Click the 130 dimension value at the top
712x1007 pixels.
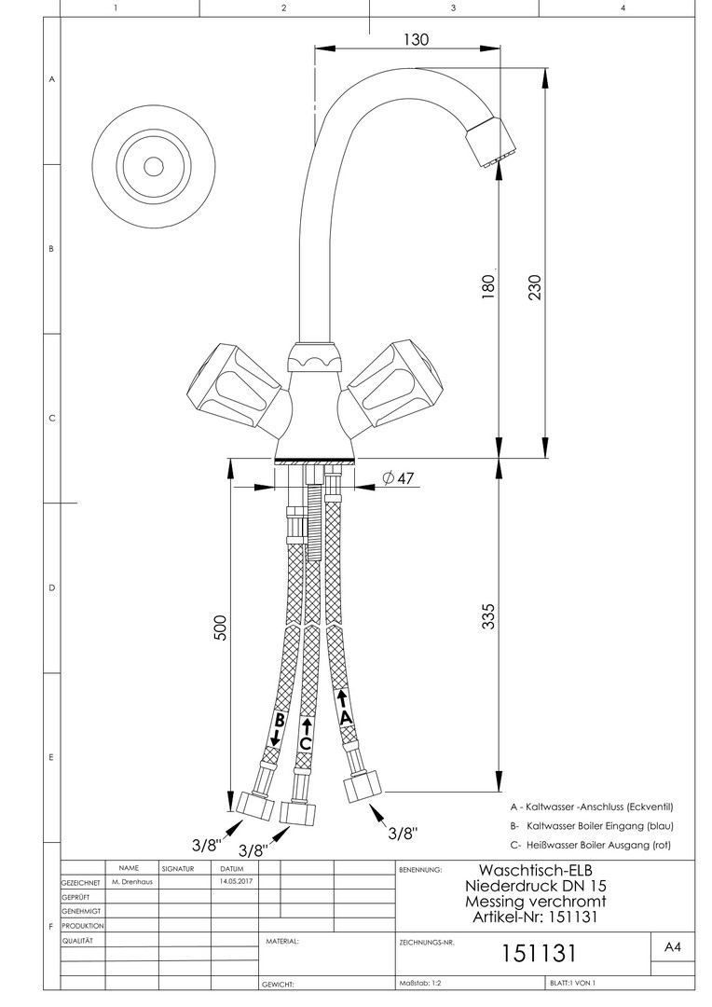coord(416,40)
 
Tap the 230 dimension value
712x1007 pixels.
coord(534,289)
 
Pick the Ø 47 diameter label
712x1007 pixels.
coord(399,478)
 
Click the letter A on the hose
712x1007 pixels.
coord(346,717)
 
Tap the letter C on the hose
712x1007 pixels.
coord(305,743)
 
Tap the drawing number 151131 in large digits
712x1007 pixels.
coord(541,954)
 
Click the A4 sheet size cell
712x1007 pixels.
coord(672,947)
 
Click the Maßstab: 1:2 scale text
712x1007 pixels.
coord(422,983)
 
